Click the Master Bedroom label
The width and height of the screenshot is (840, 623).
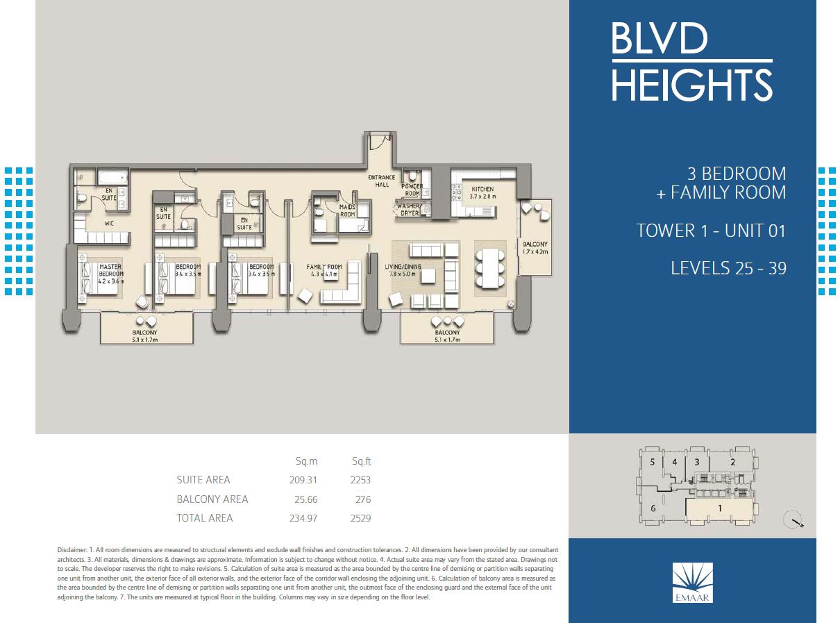click(111, 270)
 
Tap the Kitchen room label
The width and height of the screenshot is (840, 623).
click(482, 189)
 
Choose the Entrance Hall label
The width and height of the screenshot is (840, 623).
click(381, 181)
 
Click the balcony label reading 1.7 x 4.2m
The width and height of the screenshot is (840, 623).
click(535, 248)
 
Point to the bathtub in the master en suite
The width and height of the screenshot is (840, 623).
click(110, 178)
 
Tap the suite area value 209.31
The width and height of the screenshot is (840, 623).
click(303, 480)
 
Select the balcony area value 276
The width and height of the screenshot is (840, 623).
click(362, 499)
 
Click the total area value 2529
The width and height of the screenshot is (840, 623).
click(360, 518)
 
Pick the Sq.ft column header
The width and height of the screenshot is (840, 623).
click(362, 461)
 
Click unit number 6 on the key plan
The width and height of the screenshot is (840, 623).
click(653, 508)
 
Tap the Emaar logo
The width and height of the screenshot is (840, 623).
click(692, 581)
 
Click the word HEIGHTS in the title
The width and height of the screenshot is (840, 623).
click(691, 85)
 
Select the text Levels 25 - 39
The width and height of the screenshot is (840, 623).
click(728, 268)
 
